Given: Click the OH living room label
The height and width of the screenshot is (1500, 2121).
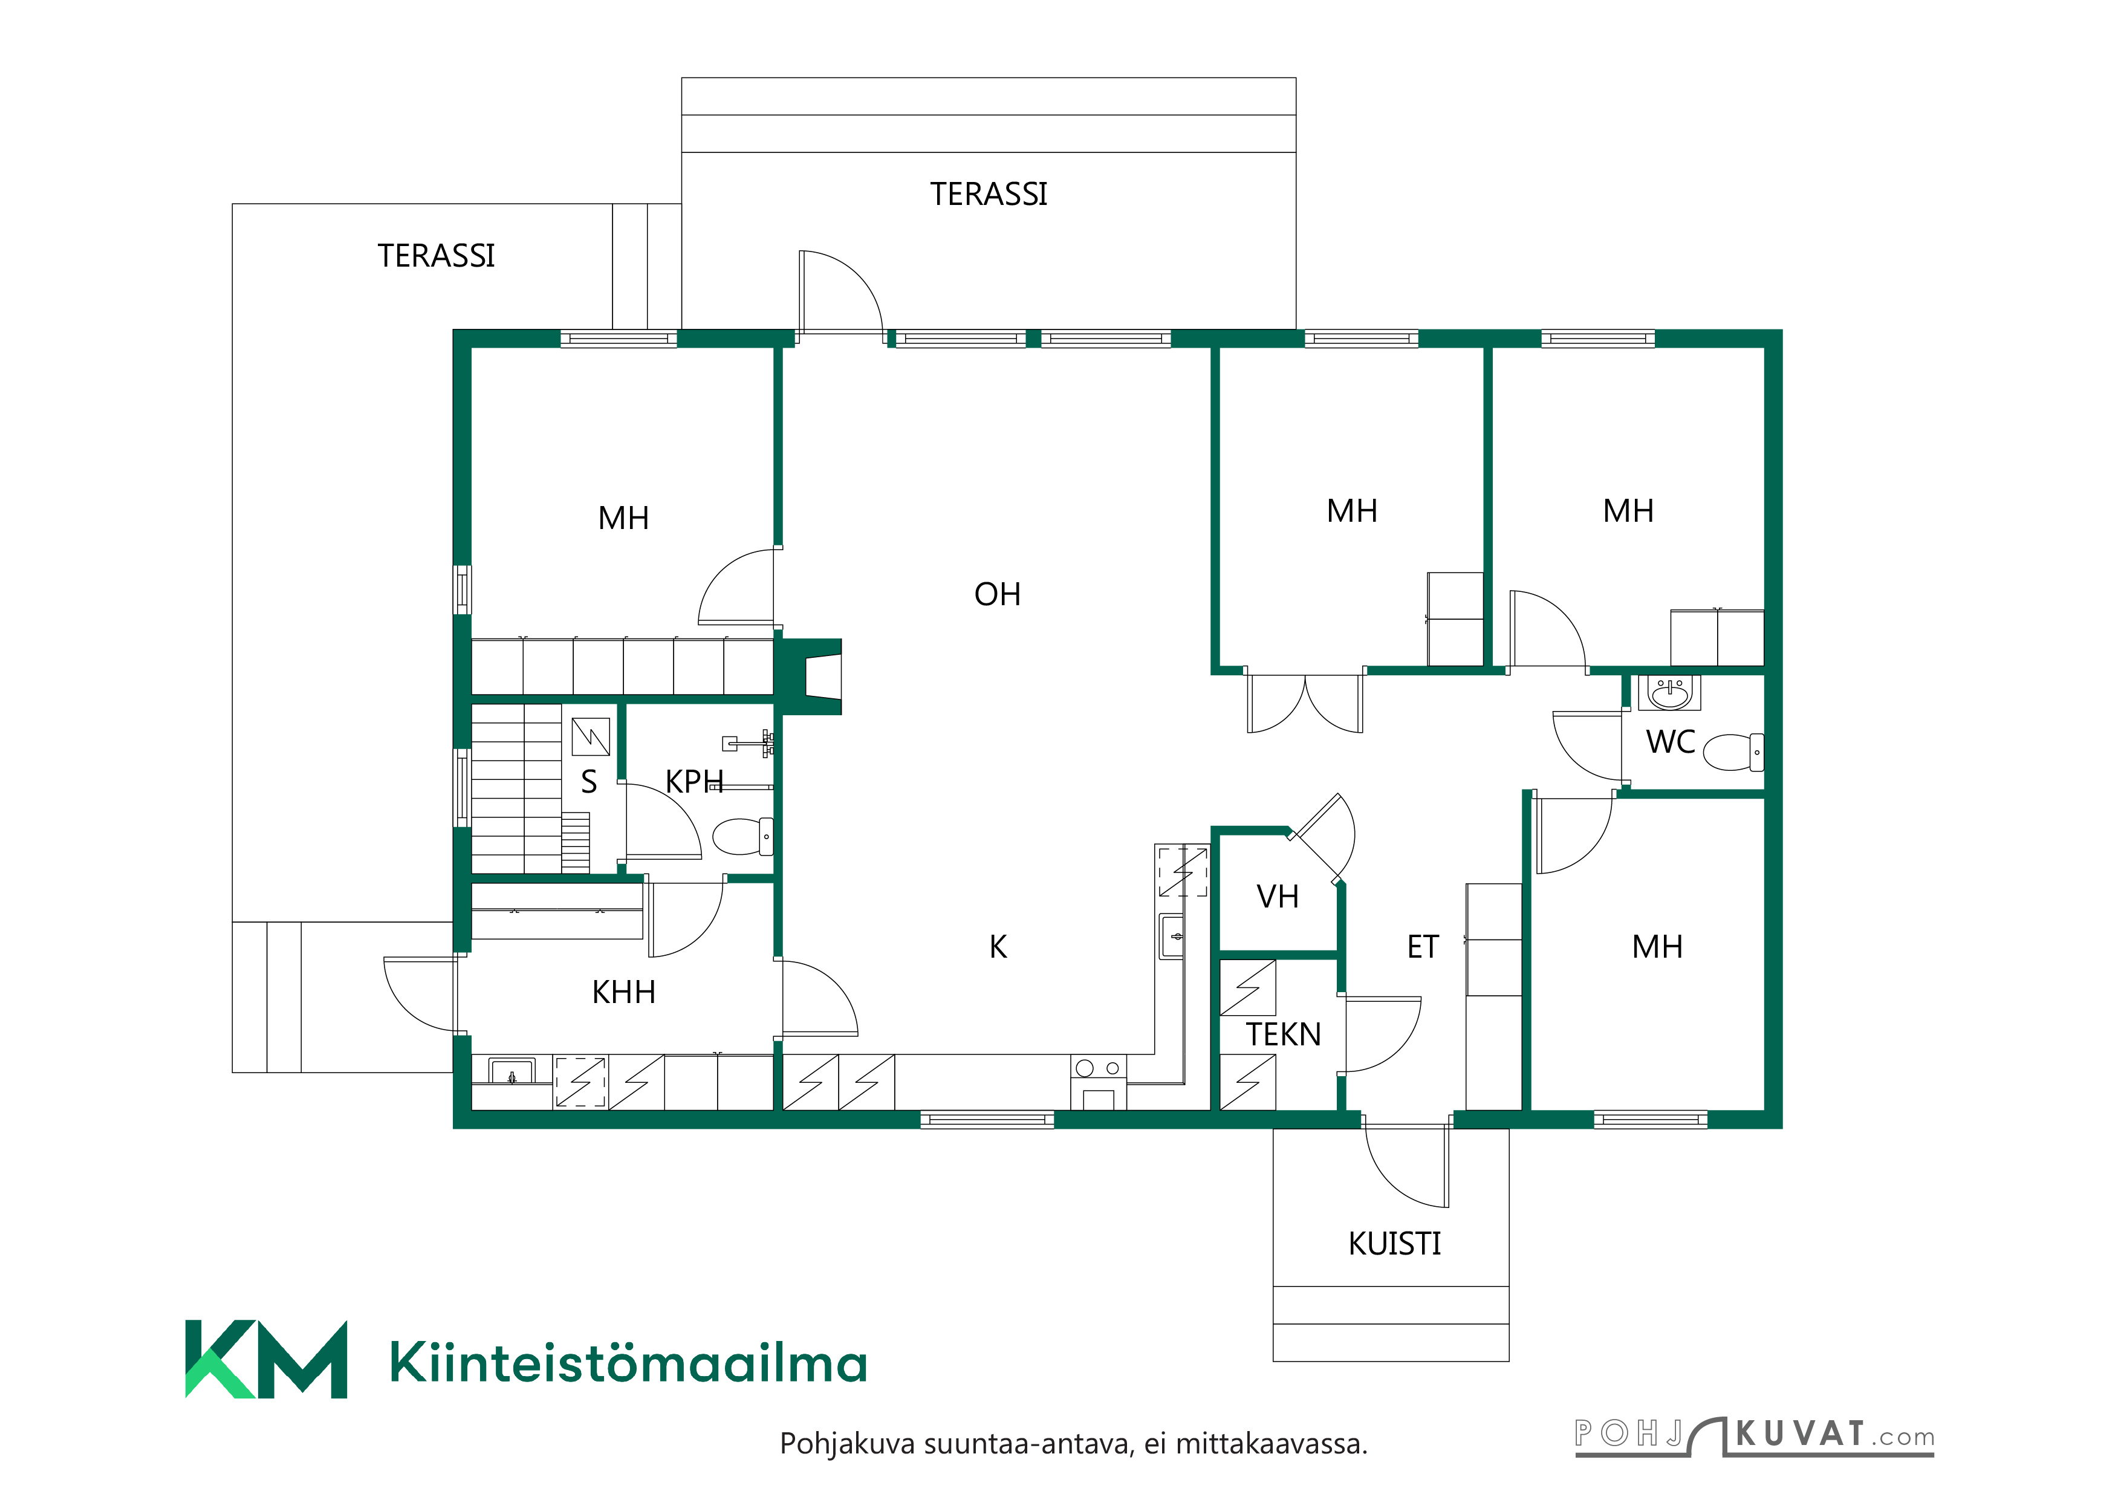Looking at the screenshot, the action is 997,594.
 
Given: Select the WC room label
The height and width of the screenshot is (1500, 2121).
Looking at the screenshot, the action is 1670,742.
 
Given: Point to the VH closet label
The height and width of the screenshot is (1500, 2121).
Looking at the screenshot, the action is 1278,896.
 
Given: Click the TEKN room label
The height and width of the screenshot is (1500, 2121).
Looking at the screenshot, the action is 1283,1034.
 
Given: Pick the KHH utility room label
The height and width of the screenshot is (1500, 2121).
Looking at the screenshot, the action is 623,992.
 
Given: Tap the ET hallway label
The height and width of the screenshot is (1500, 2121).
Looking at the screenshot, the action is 1423,947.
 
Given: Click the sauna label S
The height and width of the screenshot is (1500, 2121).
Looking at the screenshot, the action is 588,782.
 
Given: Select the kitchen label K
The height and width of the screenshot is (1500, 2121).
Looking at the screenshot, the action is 998,947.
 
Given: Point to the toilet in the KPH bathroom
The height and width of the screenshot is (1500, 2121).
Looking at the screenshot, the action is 742,837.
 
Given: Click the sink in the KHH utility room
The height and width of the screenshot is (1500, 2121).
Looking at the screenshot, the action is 512,1073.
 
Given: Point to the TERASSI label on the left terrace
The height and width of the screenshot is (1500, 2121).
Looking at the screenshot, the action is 436,256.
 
